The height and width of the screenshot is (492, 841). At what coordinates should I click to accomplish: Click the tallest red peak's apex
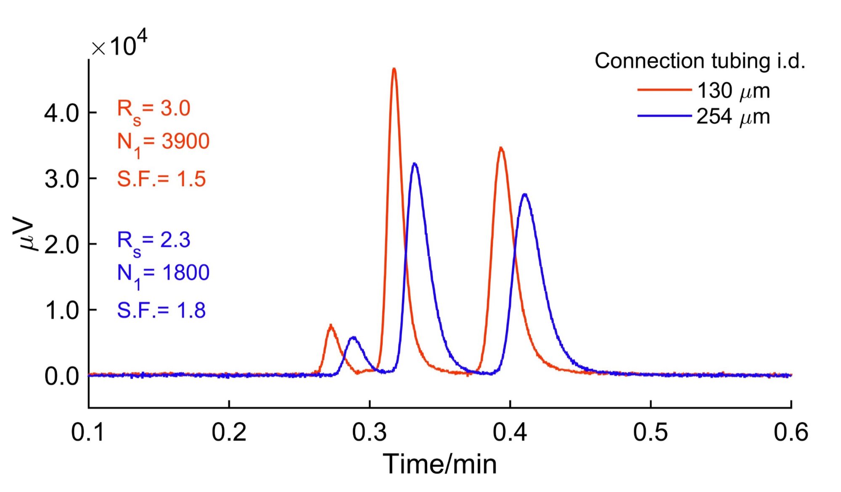[x=394, y=69]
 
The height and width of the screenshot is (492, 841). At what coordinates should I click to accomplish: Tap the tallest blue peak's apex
[x=415, y=163]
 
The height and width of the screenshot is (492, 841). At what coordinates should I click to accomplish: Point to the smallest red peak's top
[x=331, y=325]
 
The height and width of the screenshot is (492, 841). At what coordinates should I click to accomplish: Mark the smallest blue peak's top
[x=353, y=337]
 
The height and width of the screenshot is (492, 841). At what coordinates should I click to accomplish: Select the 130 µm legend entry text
[x=733, y=91]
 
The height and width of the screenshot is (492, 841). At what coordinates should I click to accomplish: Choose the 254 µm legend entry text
[x=733, y=117]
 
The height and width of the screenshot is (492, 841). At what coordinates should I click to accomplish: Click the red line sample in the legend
[x=664, y=90]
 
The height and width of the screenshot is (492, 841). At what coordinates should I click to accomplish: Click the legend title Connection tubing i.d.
[x=700, y=61]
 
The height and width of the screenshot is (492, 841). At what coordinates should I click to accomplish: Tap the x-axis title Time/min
[x=439, y=464]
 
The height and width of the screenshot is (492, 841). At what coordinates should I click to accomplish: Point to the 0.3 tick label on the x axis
[x=369, y=432]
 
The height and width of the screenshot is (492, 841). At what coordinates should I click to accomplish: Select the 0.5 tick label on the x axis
[x=650, y=432]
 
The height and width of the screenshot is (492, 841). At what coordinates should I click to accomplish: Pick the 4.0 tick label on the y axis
[x=61, y=113]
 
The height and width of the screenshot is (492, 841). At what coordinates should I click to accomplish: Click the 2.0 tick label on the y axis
[x=61, y=245]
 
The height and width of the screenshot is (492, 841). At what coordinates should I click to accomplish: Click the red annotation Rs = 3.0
[x=153, y=110]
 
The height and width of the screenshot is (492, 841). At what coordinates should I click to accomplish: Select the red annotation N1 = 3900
[x=163, y=143]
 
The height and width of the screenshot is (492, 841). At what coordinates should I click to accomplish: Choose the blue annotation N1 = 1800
[x=163, y=274]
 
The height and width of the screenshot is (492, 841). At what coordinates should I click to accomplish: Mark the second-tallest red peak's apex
[x=501, y=148]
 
